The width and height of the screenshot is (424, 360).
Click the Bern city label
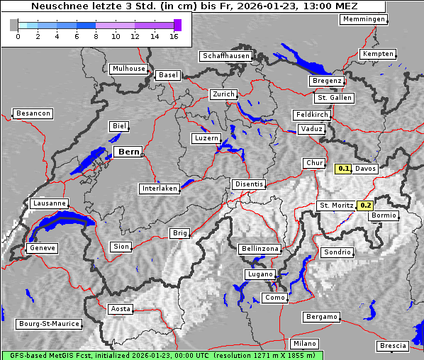[128, 152]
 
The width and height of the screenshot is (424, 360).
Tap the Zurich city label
[223, 94]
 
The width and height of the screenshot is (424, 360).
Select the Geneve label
[41, 248]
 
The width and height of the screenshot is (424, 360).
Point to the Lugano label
[259, 274]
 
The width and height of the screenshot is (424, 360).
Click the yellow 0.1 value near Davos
[344, 169]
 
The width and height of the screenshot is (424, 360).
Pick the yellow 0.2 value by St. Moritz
[365, 206]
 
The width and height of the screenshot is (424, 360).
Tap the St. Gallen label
[333, 98]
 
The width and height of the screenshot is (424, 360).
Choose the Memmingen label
[364, 19]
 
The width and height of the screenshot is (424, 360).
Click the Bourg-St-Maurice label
[48, 324]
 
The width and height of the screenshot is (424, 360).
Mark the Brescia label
[393, 346]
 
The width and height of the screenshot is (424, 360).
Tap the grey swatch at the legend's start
[13, 25]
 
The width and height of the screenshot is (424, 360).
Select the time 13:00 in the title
[325, 6]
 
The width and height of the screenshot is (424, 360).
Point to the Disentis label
[248, 184]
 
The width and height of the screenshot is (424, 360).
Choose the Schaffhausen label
[226, 55]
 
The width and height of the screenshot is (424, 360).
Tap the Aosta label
[121, 309]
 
